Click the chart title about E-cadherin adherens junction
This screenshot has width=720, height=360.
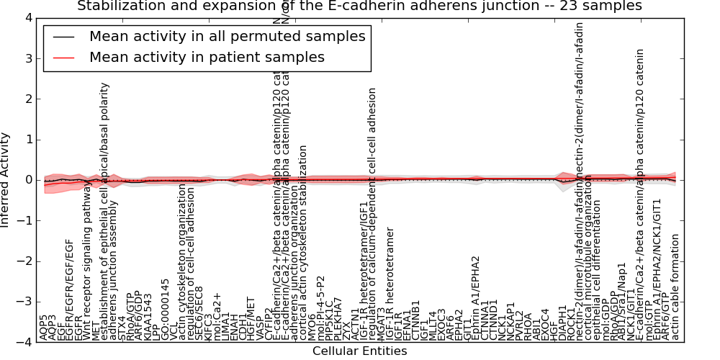(x=359, y=6)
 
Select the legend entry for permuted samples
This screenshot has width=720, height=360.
(x=227, y=36)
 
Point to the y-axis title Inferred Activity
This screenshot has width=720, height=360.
(x=6, y=180)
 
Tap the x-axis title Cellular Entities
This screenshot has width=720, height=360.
(x=359, y=351)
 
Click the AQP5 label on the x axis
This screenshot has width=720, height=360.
(x=44, y=328)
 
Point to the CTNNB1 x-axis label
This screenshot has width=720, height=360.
(x=415, y=319)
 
